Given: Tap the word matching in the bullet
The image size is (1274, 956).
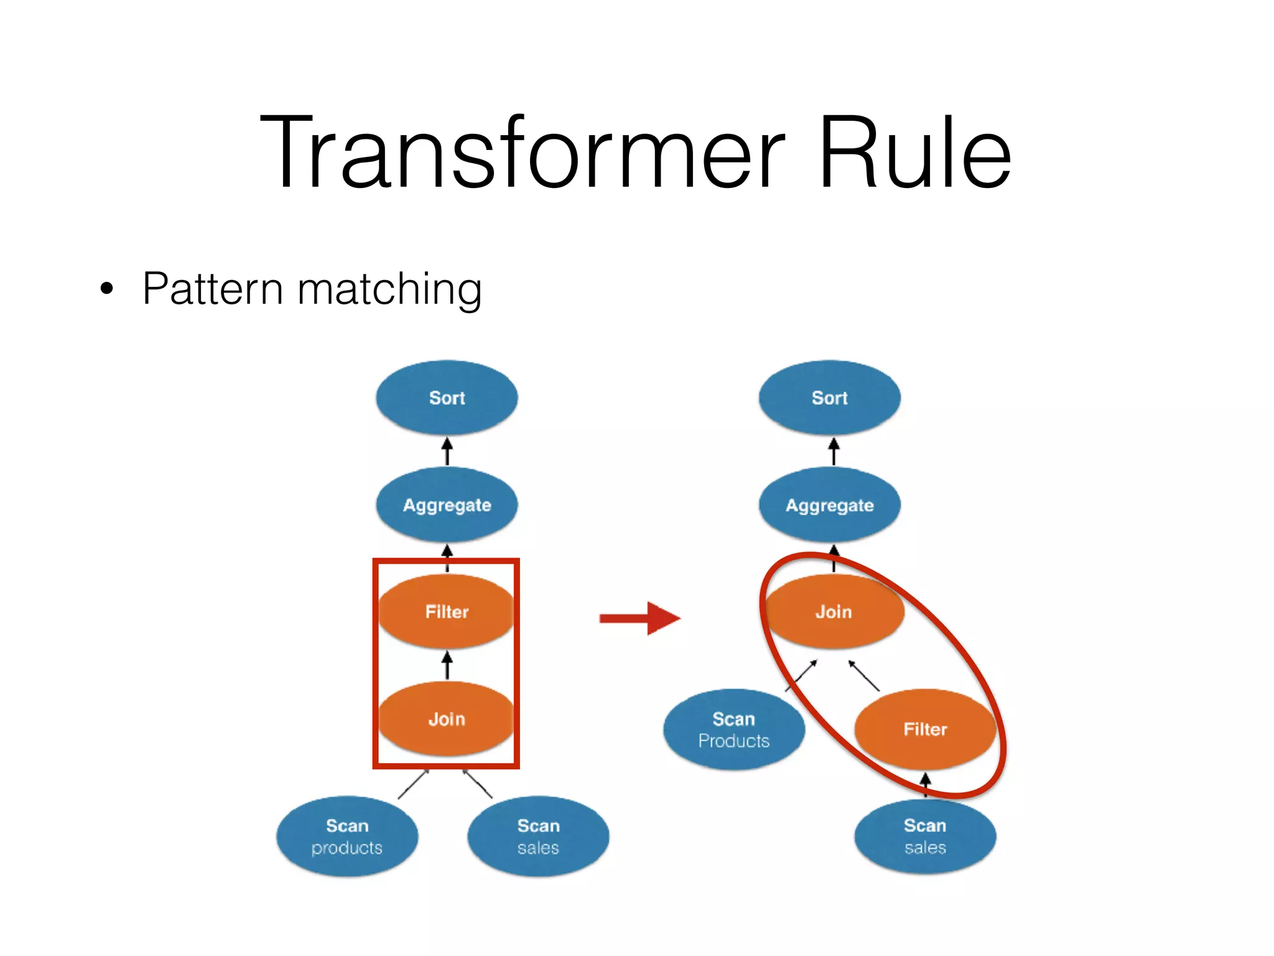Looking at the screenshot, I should point(389,289).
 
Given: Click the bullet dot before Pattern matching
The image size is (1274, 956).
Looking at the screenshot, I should point(107,289).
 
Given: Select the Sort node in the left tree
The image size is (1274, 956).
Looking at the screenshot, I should point(447,398).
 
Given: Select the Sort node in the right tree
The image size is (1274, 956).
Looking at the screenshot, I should point(829,398).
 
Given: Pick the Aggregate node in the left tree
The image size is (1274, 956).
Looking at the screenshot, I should point(447,505).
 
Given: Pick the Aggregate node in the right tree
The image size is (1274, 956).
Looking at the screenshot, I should point(829,505).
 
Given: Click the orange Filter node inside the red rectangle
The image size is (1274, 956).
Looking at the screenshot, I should point(447,612).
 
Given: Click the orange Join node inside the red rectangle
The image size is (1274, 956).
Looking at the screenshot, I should point(447,719).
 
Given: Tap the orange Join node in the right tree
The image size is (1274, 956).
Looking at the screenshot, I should point(834,612).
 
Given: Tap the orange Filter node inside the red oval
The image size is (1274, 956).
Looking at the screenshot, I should point(925,729).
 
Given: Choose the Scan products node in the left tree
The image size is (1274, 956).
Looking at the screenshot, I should point(347,836).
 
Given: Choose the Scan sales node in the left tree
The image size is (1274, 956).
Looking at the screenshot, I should point(538,836).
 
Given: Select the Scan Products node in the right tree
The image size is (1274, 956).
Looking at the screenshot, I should point(734,729).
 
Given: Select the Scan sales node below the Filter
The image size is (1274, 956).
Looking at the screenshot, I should point(925,836).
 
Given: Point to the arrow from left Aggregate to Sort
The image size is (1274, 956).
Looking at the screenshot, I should point(447,451).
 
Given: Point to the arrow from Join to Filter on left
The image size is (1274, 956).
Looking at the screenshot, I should point(447,665).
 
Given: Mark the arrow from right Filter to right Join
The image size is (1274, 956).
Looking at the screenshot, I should point(864,676).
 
